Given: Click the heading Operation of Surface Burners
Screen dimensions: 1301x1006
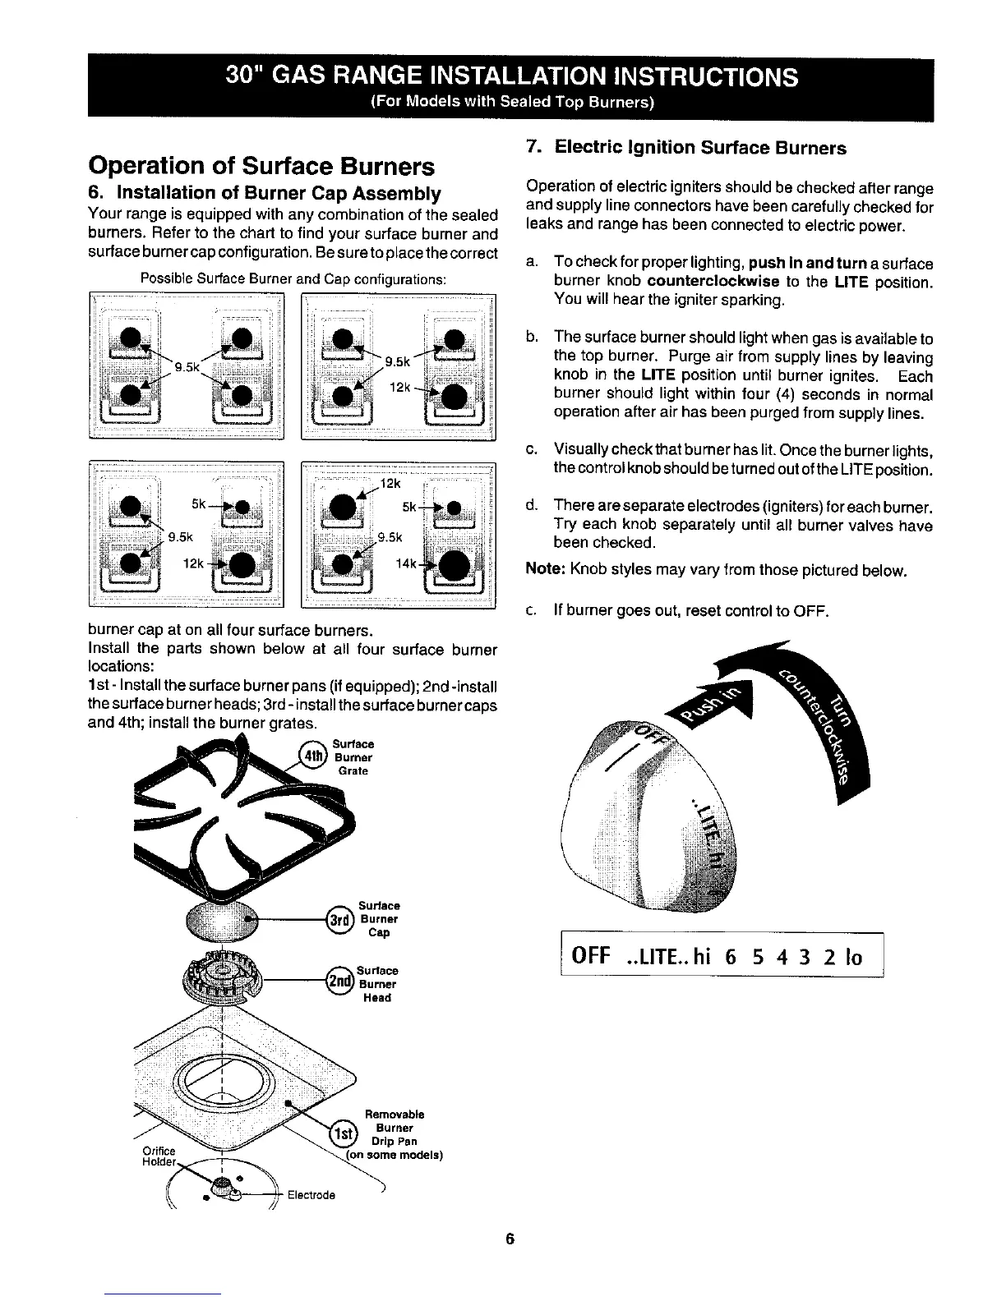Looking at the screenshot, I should tap(261, 166).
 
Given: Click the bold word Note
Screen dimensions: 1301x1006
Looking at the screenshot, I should tap(543, 570).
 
